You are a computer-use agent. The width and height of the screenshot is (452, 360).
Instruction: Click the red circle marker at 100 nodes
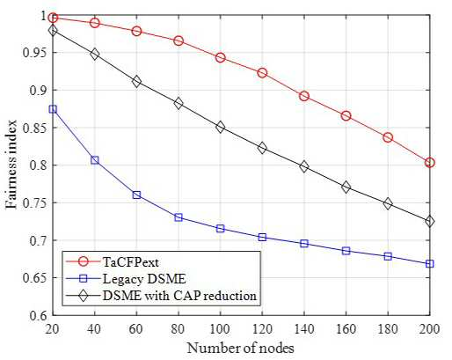coord(221,57)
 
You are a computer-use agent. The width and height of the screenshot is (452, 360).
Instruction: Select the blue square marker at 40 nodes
coord(95,160)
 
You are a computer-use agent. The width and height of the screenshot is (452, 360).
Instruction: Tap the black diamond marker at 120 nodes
coord(262,148)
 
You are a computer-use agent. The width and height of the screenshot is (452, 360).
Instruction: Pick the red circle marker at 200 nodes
coord(430,162)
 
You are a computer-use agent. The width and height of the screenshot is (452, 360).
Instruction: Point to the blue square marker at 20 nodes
coord(53,109)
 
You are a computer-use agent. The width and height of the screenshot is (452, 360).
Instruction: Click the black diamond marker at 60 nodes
coord(136,82)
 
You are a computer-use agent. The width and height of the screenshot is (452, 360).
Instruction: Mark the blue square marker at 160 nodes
coord(346,251)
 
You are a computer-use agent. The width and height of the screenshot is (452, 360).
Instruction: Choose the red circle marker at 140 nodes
coord(304,96)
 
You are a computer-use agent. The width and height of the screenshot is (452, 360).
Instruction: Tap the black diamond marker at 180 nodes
coord(388,203)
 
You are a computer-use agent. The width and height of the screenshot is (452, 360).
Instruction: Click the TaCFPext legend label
coord(131,261)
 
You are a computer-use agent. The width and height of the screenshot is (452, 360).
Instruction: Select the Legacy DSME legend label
coord(144,278)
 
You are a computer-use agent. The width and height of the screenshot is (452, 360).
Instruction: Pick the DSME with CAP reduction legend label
coord(179,296)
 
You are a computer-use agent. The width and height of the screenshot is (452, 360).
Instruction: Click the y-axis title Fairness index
coord(11,165)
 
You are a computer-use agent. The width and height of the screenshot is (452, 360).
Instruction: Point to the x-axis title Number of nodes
coord(240,349)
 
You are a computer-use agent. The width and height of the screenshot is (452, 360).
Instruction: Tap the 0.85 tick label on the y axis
coord(34,128)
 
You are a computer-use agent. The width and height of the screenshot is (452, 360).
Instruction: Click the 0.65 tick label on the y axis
coord(34,278)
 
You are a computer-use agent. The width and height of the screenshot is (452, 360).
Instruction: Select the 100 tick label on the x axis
coord(221,329)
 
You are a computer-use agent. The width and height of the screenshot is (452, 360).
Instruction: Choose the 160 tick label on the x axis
coord(346,329)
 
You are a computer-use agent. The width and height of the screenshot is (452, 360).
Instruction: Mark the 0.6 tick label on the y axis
coord(38,315)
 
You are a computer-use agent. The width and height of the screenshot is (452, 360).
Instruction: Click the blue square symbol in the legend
coord(84,278)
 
